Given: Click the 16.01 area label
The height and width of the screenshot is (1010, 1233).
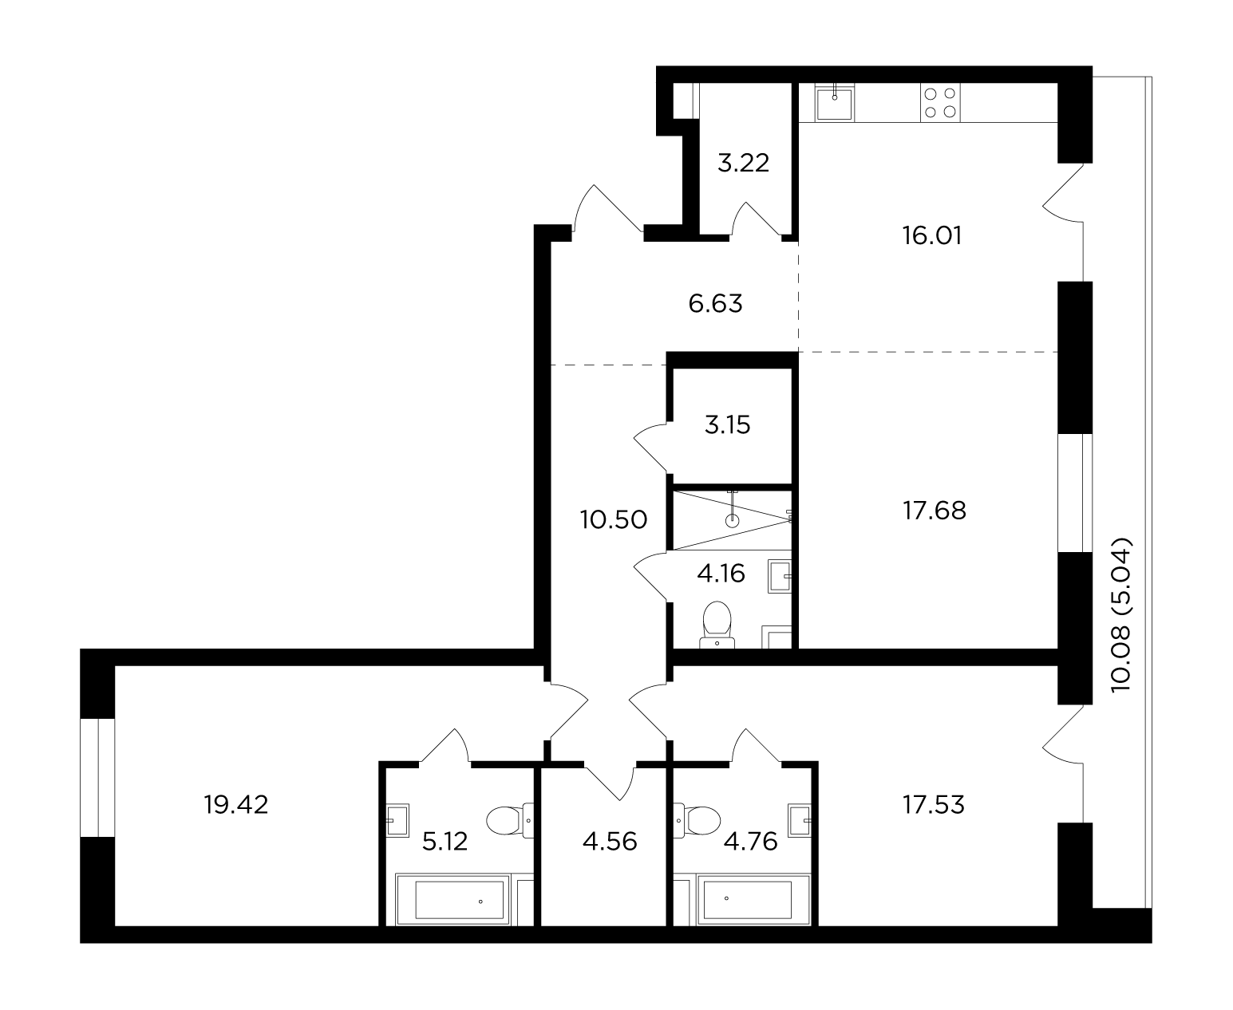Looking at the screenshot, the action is pos(931,235).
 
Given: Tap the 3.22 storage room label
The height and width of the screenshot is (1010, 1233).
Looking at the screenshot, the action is pos(743,163).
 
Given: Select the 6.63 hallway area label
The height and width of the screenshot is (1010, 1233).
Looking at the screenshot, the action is pos(715,303).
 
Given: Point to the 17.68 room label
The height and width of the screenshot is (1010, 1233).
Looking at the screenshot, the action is pos(935,511).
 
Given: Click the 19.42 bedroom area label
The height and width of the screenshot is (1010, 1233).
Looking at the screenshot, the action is pos(235,805).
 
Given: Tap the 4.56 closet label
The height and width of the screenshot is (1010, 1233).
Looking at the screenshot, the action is pos(609,842).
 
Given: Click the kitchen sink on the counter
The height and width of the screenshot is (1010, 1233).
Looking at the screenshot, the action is pos(834,103).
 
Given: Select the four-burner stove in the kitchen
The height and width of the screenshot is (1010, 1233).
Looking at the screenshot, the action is pos(940,103).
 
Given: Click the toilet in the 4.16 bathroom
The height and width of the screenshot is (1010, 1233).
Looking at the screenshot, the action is pos(717,625).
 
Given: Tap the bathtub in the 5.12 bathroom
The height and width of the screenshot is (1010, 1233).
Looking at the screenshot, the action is pos(453,900).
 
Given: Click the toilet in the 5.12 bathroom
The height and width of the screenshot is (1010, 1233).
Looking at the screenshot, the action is pos(510,820).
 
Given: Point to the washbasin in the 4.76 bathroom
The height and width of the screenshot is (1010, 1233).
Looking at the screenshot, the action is pos(799,821).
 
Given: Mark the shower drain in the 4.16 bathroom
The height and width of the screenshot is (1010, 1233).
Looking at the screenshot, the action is pos(732,520).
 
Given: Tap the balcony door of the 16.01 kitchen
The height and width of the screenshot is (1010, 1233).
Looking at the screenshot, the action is pos(1062,193).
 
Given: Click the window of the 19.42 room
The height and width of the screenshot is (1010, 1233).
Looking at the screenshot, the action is pos(97,777).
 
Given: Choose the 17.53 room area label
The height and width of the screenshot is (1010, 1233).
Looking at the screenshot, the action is pos(933,805).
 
